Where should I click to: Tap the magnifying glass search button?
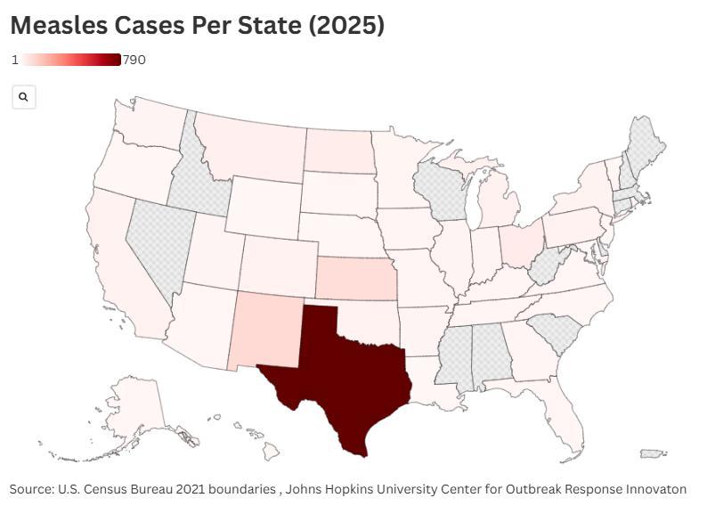pos(24,97)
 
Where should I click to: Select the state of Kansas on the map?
pos(352,280)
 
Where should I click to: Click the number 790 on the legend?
pos(134,60)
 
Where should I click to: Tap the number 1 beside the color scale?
pos(15,60)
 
